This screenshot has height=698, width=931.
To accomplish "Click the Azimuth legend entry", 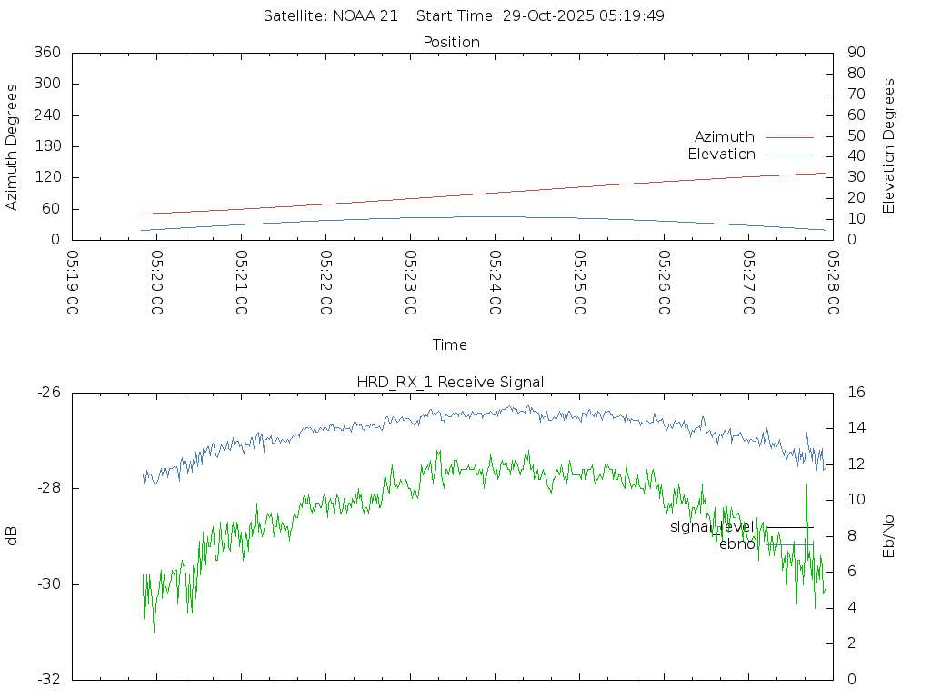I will point(725,137).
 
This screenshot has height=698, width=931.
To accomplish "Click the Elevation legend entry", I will point(721,155).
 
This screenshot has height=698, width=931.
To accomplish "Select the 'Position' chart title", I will point(451,43).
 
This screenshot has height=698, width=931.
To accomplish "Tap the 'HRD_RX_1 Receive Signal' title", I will point(450,383).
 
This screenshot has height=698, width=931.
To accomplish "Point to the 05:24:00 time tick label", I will point(496,283).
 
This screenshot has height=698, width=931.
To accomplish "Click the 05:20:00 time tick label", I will point(157,283).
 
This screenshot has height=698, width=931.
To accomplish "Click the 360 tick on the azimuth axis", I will point(46,53).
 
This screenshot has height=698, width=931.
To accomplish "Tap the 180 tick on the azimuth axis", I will point(46,146).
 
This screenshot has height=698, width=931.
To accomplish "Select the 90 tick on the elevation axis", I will point(856,53).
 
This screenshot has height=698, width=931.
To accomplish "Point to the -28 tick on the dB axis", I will point(47,489).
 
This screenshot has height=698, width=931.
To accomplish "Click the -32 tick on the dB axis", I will point(47,679).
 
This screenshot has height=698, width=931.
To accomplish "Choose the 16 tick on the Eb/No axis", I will point(856,393).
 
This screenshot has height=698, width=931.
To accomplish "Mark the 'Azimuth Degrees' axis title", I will point(13,146).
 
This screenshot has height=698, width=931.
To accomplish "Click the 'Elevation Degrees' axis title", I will point(889,146).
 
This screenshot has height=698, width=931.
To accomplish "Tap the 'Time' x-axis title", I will point(450,345).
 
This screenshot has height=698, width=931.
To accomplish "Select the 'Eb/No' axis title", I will point(889,536).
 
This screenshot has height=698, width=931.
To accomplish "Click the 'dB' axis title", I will point(13,536).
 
